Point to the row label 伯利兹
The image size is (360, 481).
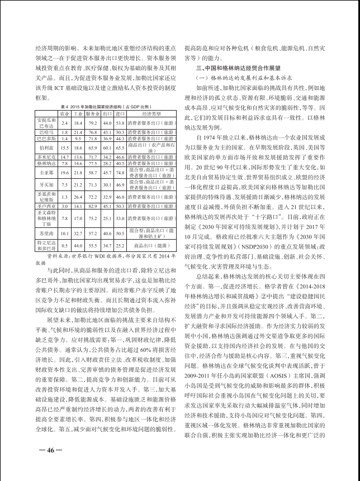pyautogui.click(x=46, y=147)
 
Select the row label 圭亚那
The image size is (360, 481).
pyautogui.click(x=46, y=173)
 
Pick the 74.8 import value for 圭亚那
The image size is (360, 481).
pyautogui.click(x=119, y=173)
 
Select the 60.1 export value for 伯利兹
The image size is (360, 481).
pyautogui.click(x=107, y=147)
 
